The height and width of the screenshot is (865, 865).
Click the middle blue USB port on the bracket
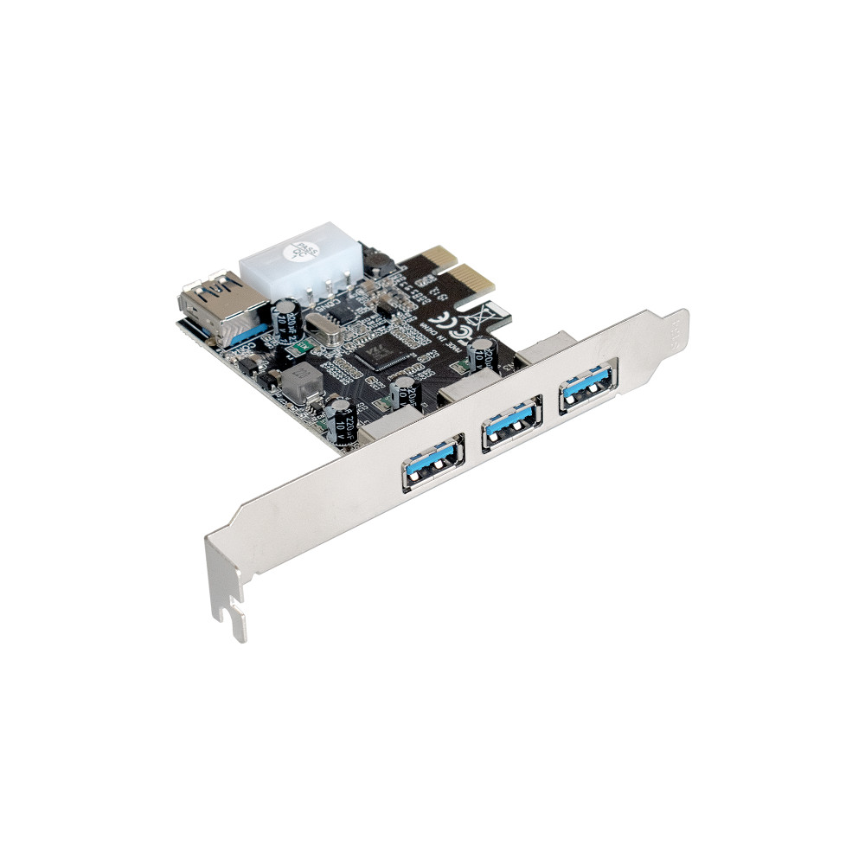[511, 423]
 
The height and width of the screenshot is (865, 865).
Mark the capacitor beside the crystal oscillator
[284, 319]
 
